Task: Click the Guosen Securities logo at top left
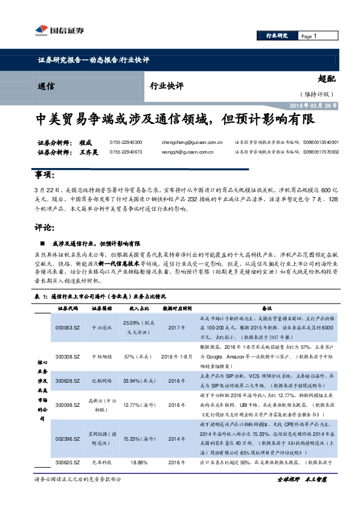tap(55, 31)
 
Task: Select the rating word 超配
tap(327, 78)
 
